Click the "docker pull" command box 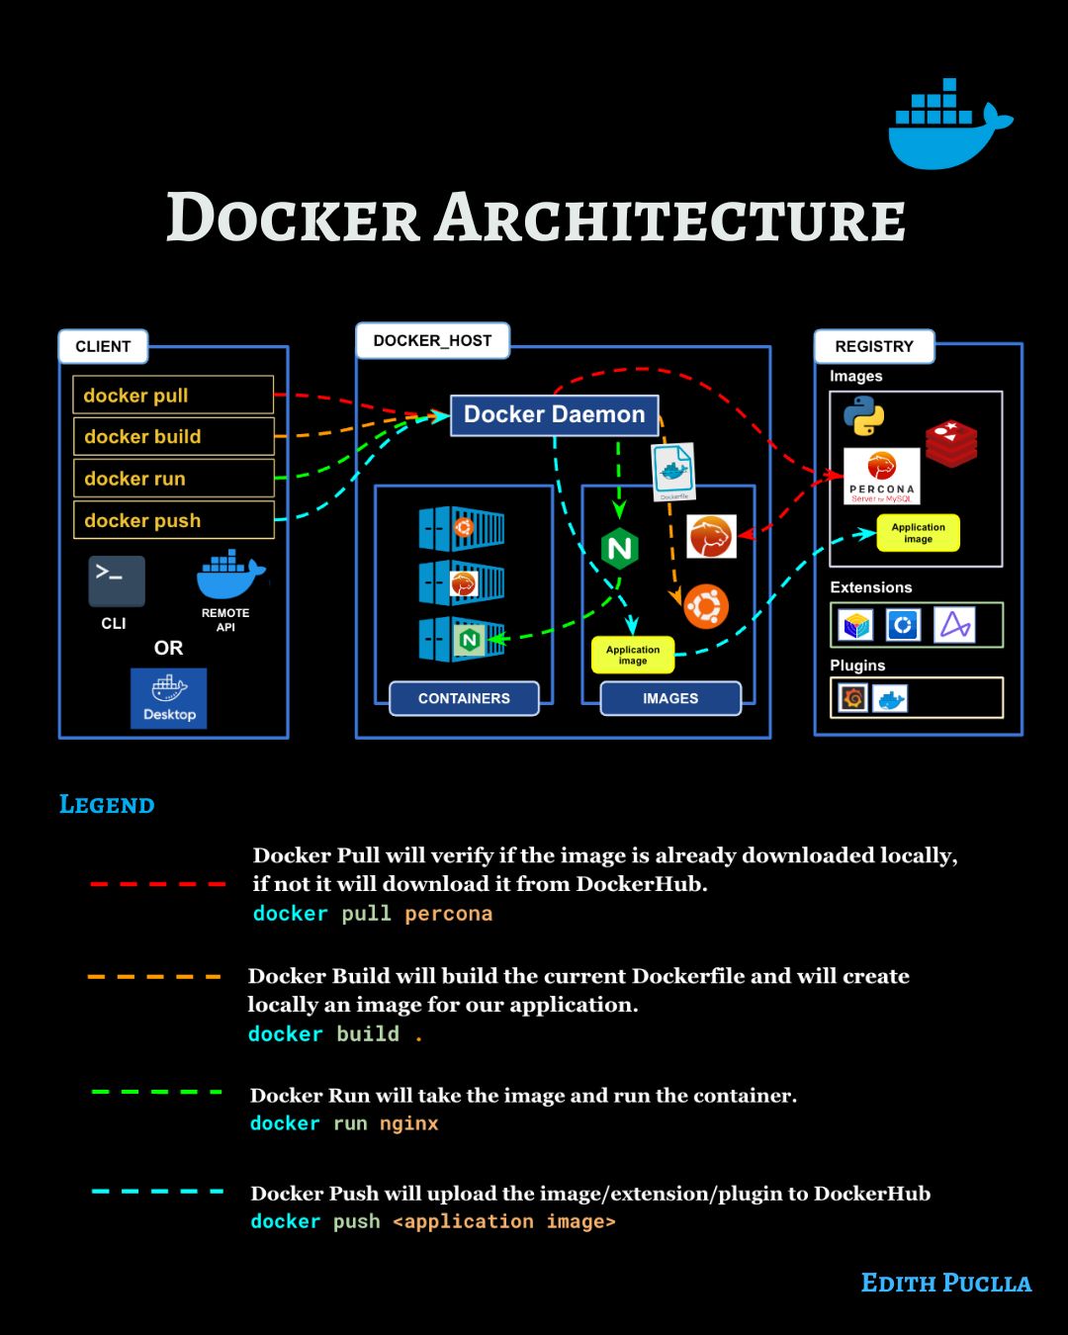[x=173, y=395]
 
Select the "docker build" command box [x=173, y=436]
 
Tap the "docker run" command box [x=173, y=479]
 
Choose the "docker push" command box [x=173, y=520]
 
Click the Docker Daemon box [x=554, y=414]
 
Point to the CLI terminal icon [x=117, y=580]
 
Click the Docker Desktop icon [x=169, y=698]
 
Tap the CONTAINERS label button [x=464, y=698]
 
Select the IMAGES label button [x=670, y=698]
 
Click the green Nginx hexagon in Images [x=620, y=548]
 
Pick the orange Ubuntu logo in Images [x=706, y=606]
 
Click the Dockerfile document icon [x=673, y=472]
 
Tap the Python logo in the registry [x=863, y=415]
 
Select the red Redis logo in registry [x=951, y=443]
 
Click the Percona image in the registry [x=881, y=476]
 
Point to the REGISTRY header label [x=874, y=346]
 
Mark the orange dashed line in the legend [x=154, y=977]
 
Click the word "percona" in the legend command [x=448, y=914]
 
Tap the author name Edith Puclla [x=946, y=1284]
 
